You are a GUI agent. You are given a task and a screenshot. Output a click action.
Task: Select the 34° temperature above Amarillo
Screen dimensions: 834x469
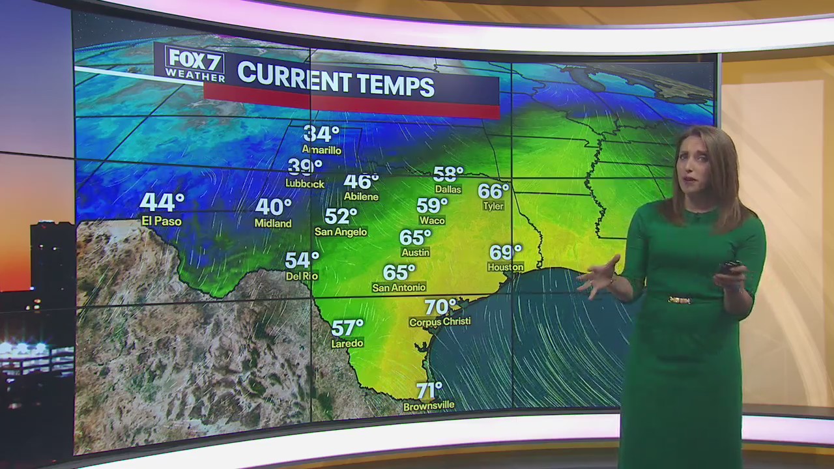click(321, 134)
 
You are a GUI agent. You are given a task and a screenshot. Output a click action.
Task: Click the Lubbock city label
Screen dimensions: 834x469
click(304, 184)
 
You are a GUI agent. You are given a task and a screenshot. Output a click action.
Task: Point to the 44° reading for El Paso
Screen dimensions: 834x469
click(162, 203)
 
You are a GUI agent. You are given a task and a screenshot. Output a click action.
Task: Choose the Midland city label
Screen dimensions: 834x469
click(273, 223)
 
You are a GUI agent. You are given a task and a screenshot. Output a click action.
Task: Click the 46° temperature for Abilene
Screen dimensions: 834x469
click(361, 182)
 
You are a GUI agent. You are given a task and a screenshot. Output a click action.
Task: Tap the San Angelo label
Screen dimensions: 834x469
click(341, 232)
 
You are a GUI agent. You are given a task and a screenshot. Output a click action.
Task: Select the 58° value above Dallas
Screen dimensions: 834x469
click(448, 174)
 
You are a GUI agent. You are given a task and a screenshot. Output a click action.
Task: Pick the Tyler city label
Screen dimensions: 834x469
click(493, 206)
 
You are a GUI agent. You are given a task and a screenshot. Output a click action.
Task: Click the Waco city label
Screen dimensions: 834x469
click(432, 221)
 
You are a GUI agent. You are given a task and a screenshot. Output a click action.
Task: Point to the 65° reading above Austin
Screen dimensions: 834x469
click(415, 238)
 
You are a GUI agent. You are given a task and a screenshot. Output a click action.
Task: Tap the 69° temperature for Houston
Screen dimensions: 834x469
click(506, 252)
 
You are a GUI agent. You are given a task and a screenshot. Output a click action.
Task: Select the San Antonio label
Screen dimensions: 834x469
click(399, 287)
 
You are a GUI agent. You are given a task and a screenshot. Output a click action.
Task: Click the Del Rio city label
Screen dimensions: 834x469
click(302, 276)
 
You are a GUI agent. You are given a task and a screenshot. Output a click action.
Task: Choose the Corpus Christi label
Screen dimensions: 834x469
click(440, 322)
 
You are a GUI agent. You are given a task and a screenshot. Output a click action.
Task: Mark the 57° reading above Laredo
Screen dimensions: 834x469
click(347, 328)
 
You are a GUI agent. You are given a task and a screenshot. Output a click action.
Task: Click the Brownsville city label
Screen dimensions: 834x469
click(429, 406)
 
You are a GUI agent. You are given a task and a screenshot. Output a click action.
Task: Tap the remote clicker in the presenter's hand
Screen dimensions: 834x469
click(730, 267)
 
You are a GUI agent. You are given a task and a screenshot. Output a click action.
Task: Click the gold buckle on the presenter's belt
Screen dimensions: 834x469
click(680, 300)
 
